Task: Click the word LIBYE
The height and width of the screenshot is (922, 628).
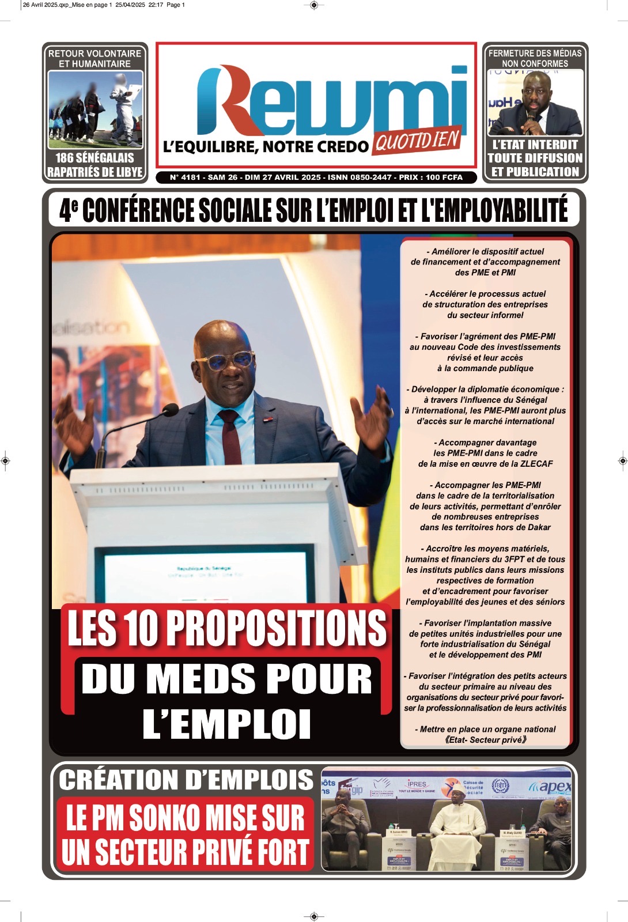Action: tap(127, 172)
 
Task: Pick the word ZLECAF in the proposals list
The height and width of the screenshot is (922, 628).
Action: tap(536, 464)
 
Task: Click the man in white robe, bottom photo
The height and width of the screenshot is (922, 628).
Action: tap(457, 830)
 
